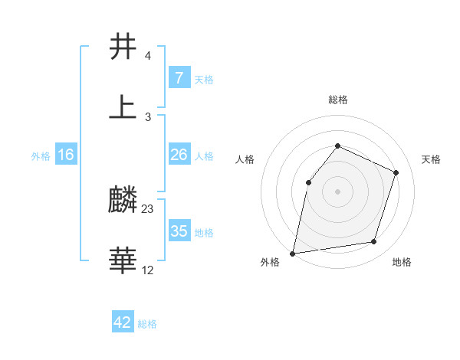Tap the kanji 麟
(123, 201)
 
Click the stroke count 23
(148, 209)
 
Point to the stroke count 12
(148, 270)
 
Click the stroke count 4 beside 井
(147, 56)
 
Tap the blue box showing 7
(179, 78)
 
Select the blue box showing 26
(179, 155)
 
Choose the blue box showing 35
(179, 231)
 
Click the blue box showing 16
(66, 155)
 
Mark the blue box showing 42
(123, 322)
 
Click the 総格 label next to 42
(147, 324)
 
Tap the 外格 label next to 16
(41, 155)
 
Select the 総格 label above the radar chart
(337, 100)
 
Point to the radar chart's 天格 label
(431, 159)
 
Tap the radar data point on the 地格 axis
(374, 242)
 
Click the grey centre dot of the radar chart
(337, 191)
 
